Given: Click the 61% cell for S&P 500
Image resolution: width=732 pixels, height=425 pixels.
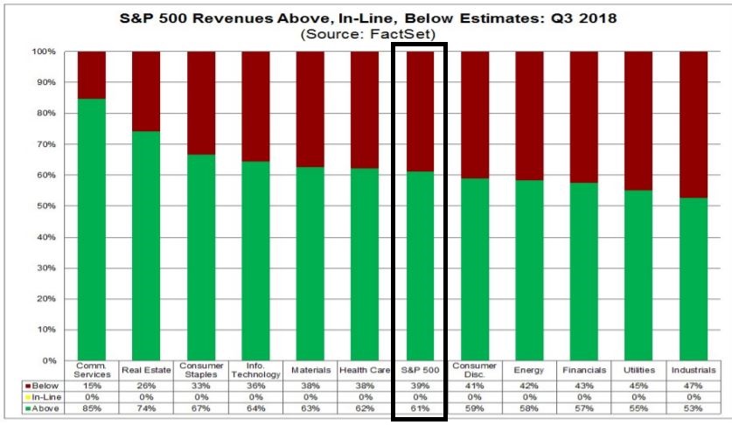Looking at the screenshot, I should (x=420, y=408).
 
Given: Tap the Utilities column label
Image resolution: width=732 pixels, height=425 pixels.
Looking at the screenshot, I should (x=639, y=371).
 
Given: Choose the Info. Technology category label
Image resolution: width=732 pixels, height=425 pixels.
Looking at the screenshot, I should (x=255, y=371).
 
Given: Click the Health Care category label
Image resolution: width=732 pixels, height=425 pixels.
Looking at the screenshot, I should (x=365, y=371).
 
